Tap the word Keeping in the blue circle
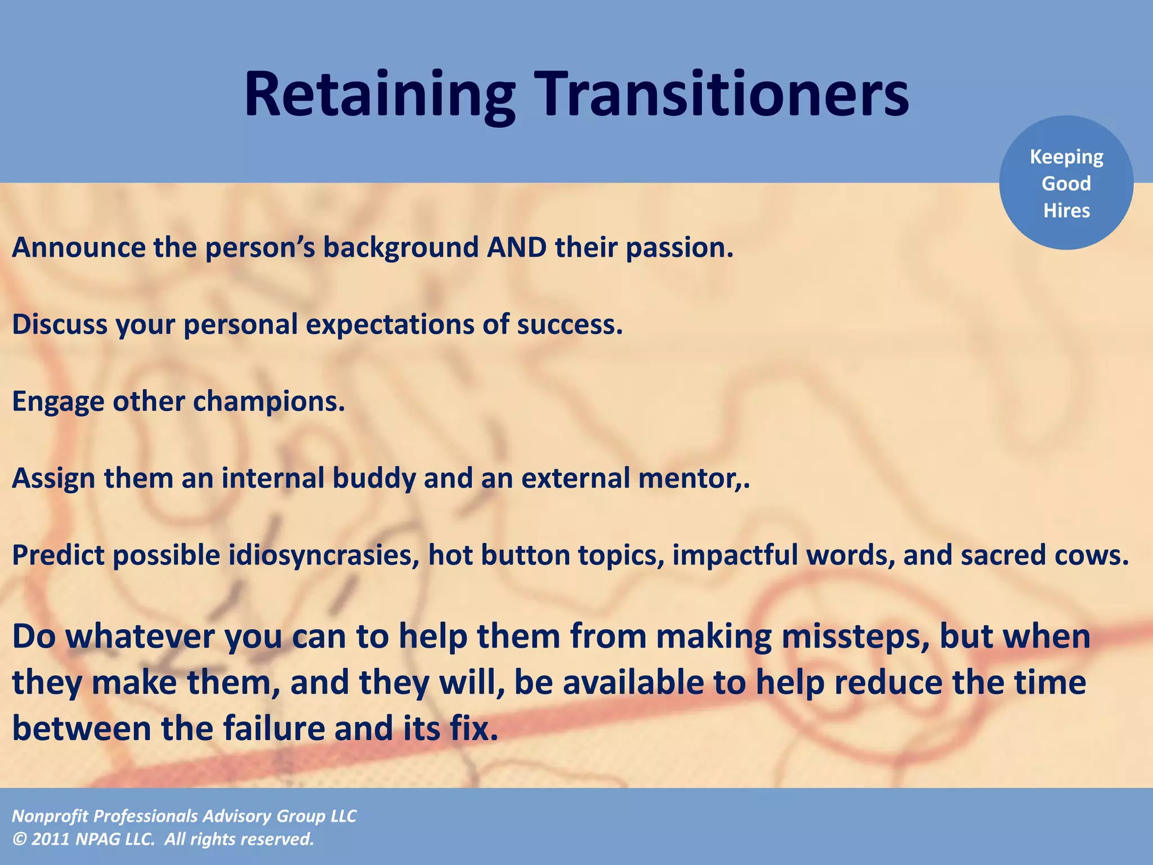coord(1066,157)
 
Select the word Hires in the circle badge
coord(1066,211)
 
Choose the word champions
coord(268,402)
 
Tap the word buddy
coord(374,479)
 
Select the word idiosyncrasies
coord(324,556)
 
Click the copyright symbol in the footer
coord(19,839)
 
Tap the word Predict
coord(59,556)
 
